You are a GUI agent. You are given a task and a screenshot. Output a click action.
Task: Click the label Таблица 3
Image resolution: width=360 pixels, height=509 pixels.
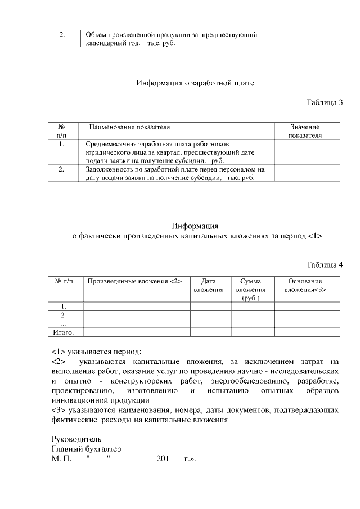(x=324, y=102)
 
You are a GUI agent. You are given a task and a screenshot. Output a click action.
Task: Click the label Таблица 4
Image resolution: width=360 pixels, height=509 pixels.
(x=324, y=265)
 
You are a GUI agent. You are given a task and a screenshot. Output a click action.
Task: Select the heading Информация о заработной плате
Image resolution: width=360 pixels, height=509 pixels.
(x=195, y=83)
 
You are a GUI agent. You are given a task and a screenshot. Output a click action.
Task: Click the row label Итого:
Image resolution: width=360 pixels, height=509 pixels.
(x=64, y=332)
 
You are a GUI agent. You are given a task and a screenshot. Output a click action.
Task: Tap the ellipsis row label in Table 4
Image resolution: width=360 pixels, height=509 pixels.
(x=64, y=324)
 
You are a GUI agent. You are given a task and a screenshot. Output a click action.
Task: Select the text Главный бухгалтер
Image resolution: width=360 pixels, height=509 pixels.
(x=85, y=449)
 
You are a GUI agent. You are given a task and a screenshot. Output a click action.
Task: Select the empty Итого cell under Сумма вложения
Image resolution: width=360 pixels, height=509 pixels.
(x=252, y=332)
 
